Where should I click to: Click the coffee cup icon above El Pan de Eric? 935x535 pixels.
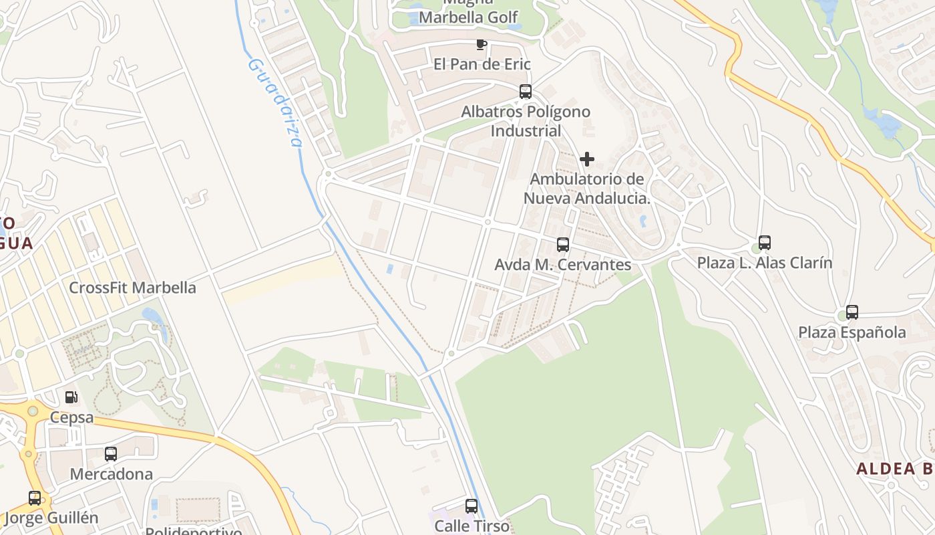tap(481, 45)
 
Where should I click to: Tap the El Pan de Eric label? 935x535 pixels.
tap(482, 64)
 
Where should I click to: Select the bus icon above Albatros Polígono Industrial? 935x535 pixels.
tap(526, 92)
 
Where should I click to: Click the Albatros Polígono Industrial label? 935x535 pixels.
tap(526, 121)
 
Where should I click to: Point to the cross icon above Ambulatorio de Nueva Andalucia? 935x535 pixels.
tap(587, 159)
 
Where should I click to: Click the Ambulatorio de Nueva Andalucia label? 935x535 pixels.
tap(587, 189)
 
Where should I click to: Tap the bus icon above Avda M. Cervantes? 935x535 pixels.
tap(563, 245)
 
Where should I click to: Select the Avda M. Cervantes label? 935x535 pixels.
tap(562, 265)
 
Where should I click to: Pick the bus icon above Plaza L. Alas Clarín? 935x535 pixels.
tap(765, 243)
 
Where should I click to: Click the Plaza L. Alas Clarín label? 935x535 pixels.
tap(765, 263)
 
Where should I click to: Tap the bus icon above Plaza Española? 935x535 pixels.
tap(852, 312)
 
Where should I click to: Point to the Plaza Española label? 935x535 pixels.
tap(852, 332)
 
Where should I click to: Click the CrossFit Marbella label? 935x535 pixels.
tap(133, 288)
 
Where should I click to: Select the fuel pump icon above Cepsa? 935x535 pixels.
tap(71, 397)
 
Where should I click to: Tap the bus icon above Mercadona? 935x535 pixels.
tap(111, 454)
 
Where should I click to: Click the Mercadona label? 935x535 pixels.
tap(112, 474)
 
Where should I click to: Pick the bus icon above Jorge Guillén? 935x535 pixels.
tap(35, 498)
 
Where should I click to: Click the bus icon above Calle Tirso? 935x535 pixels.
tap(472, 506)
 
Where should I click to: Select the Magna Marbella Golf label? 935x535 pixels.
tap(468, 13)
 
